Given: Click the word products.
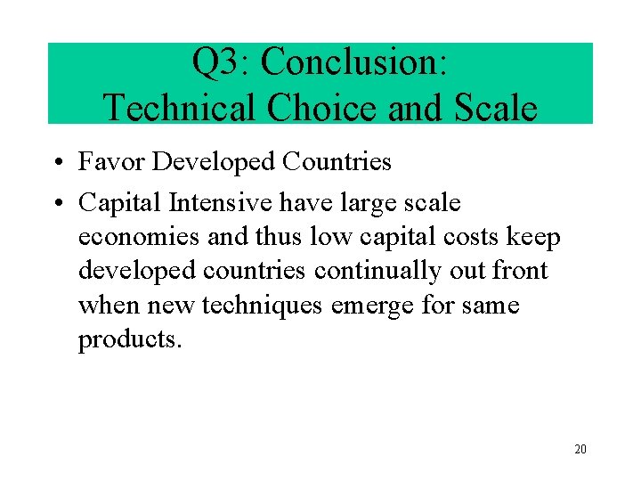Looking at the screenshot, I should point(129,340).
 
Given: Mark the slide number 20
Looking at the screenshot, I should point(580,449).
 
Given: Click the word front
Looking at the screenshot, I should point(521,271).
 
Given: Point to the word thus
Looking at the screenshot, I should point(277,237).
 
